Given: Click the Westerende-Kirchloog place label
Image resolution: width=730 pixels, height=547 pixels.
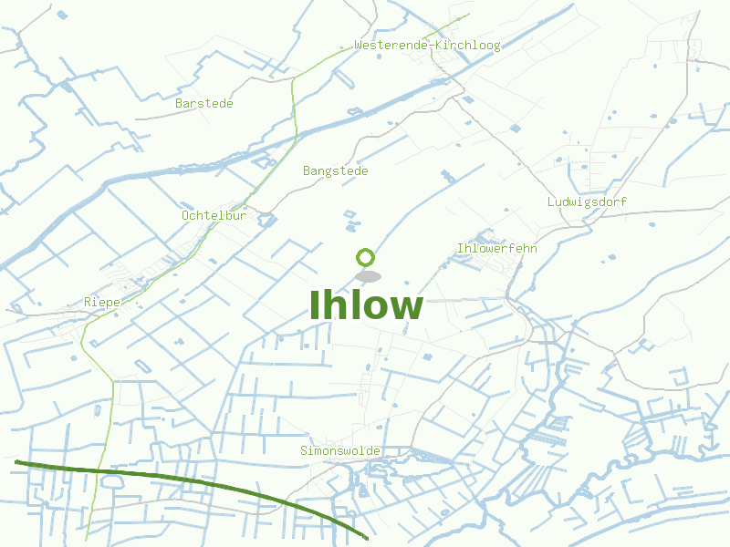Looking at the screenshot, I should [x=427, y=46].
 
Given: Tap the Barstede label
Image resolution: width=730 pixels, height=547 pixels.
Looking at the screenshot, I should [x=204, y=104].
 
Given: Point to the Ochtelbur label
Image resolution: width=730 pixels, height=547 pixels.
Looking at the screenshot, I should [x=214, y=216].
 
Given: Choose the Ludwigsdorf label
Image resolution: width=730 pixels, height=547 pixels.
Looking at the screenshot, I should [x=588, y=201].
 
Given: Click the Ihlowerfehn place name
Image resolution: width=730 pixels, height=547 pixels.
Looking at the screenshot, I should [x=496, y=248].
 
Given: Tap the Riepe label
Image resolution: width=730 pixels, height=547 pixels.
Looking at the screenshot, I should [x=102, y=302].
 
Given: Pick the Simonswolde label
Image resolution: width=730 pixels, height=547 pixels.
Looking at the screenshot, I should [x=340, y=451].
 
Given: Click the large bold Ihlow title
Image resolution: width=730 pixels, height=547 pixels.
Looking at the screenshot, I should [x=366, y=306].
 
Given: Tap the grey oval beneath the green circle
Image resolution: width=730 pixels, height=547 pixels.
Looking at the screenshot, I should [x=368, y=276].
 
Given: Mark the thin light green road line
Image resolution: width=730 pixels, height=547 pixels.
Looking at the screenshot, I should [x=295, y=109].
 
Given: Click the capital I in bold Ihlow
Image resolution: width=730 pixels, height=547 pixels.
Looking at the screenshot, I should [x=316, y=306].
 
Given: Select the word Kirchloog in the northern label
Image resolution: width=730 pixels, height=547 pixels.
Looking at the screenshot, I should [x=469, y=46].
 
